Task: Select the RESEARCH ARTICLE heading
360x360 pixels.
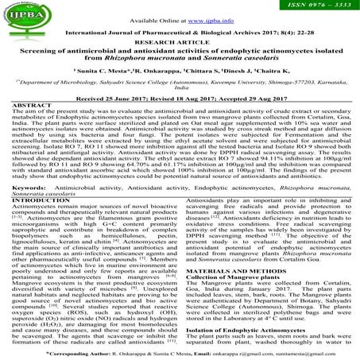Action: tap(180, 45)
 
